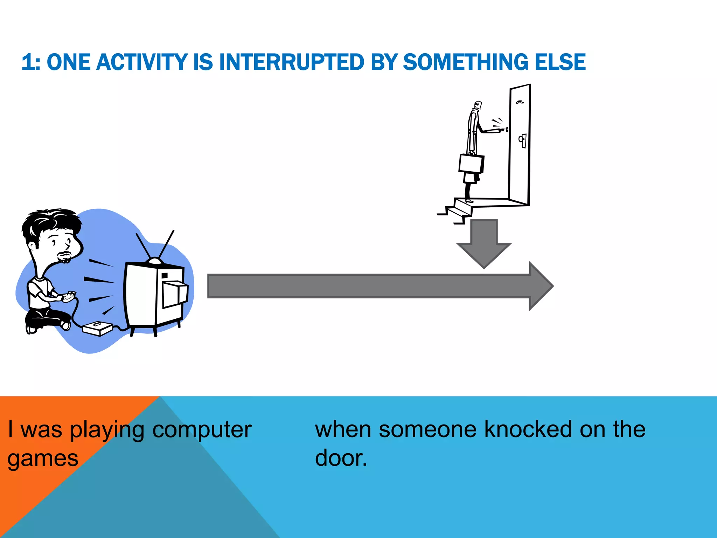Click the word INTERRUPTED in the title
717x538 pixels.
(x=292, y=62)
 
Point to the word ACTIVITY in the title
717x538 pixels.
(x=141, y=62)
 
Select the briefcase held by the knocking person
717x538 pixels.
(x=471, y=164)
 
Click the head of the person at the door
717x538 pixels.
(x=478, y=105)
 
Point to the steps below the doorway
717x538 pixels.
(x=457, y=210)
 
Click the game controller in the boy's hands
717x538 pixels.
(x=69, y=296)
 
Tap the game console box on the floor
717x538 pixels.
(x=97, y=328)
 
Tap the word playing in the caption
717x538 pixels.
(x=107, y=430)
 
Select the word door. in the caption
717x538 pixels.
(x=341, y=458)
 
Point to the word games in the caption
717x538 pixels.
(x=43, y=459)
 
